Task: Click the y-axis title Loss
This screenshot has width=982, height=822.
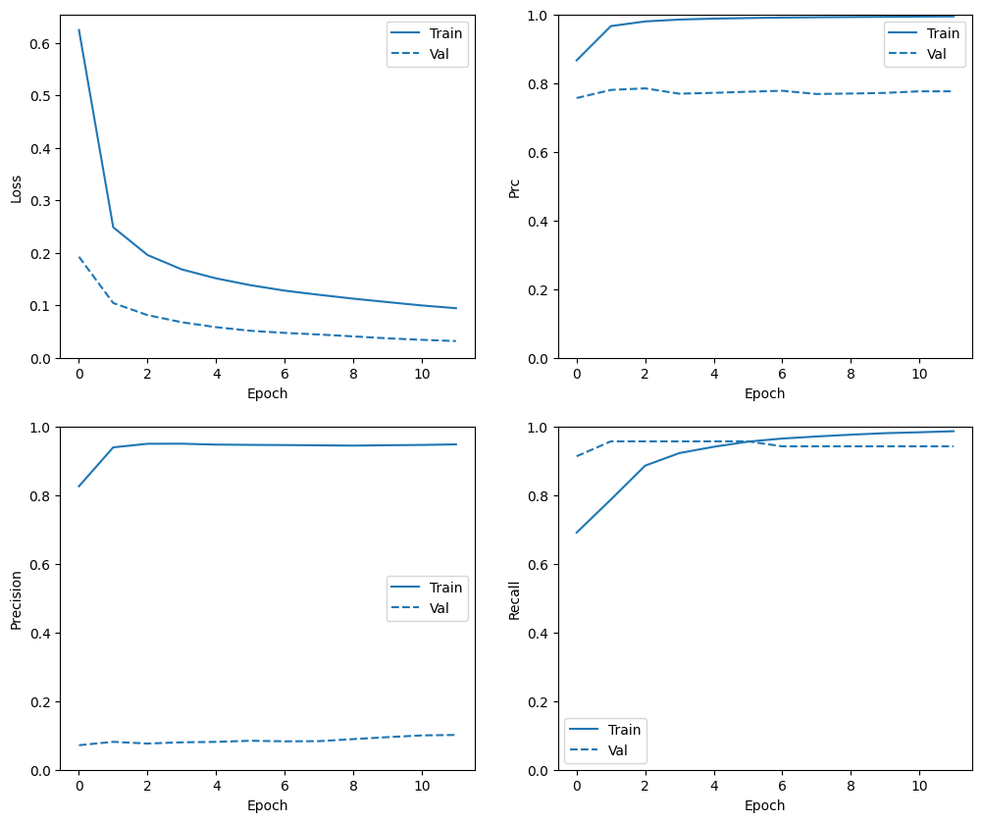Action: pyautogui.click(x=16, y=187)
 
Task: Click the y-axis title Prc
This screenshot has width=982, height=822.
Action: pyautogui.click(x=514, y=187)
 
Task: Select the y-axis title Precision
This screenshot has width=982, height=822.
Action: pyautogui.click(x=16, y=599)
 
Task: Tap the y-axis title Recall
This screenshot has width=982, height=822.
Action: pyautogui.click(x=514, y=599)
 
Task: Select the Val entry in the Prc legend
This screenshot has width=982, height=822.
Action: pyautogui.click(x=936, y=54)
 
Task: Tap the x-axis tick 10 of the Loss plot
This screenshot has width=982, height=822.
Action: pyautogui.click(x=422, y=375)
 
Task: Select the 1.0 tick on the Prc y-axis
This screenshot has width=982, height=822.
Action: pyautogui.click(x=539, y=16)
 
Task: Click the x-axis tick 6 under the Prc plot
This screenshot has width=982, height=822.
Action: pyautogui.click(x=783, y=375)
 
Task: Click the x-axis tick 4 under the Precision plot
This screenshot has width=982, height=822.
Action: pyautogui.click(x=216, y=787)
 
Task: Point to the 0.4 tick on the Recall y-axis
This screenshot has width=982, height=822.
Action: pyautogui.click(x=539, y=634)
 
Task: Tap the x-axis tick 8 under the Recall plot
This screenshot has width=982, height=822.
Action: pyautogui.click(x=852, y=787)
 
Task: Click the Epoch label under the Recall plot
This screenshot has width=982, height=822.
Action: pyautogui.click(x=764, y=805)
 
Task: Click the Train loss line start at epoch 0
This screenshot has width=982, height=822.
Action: pyautogui.click(x=79, y=30)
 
